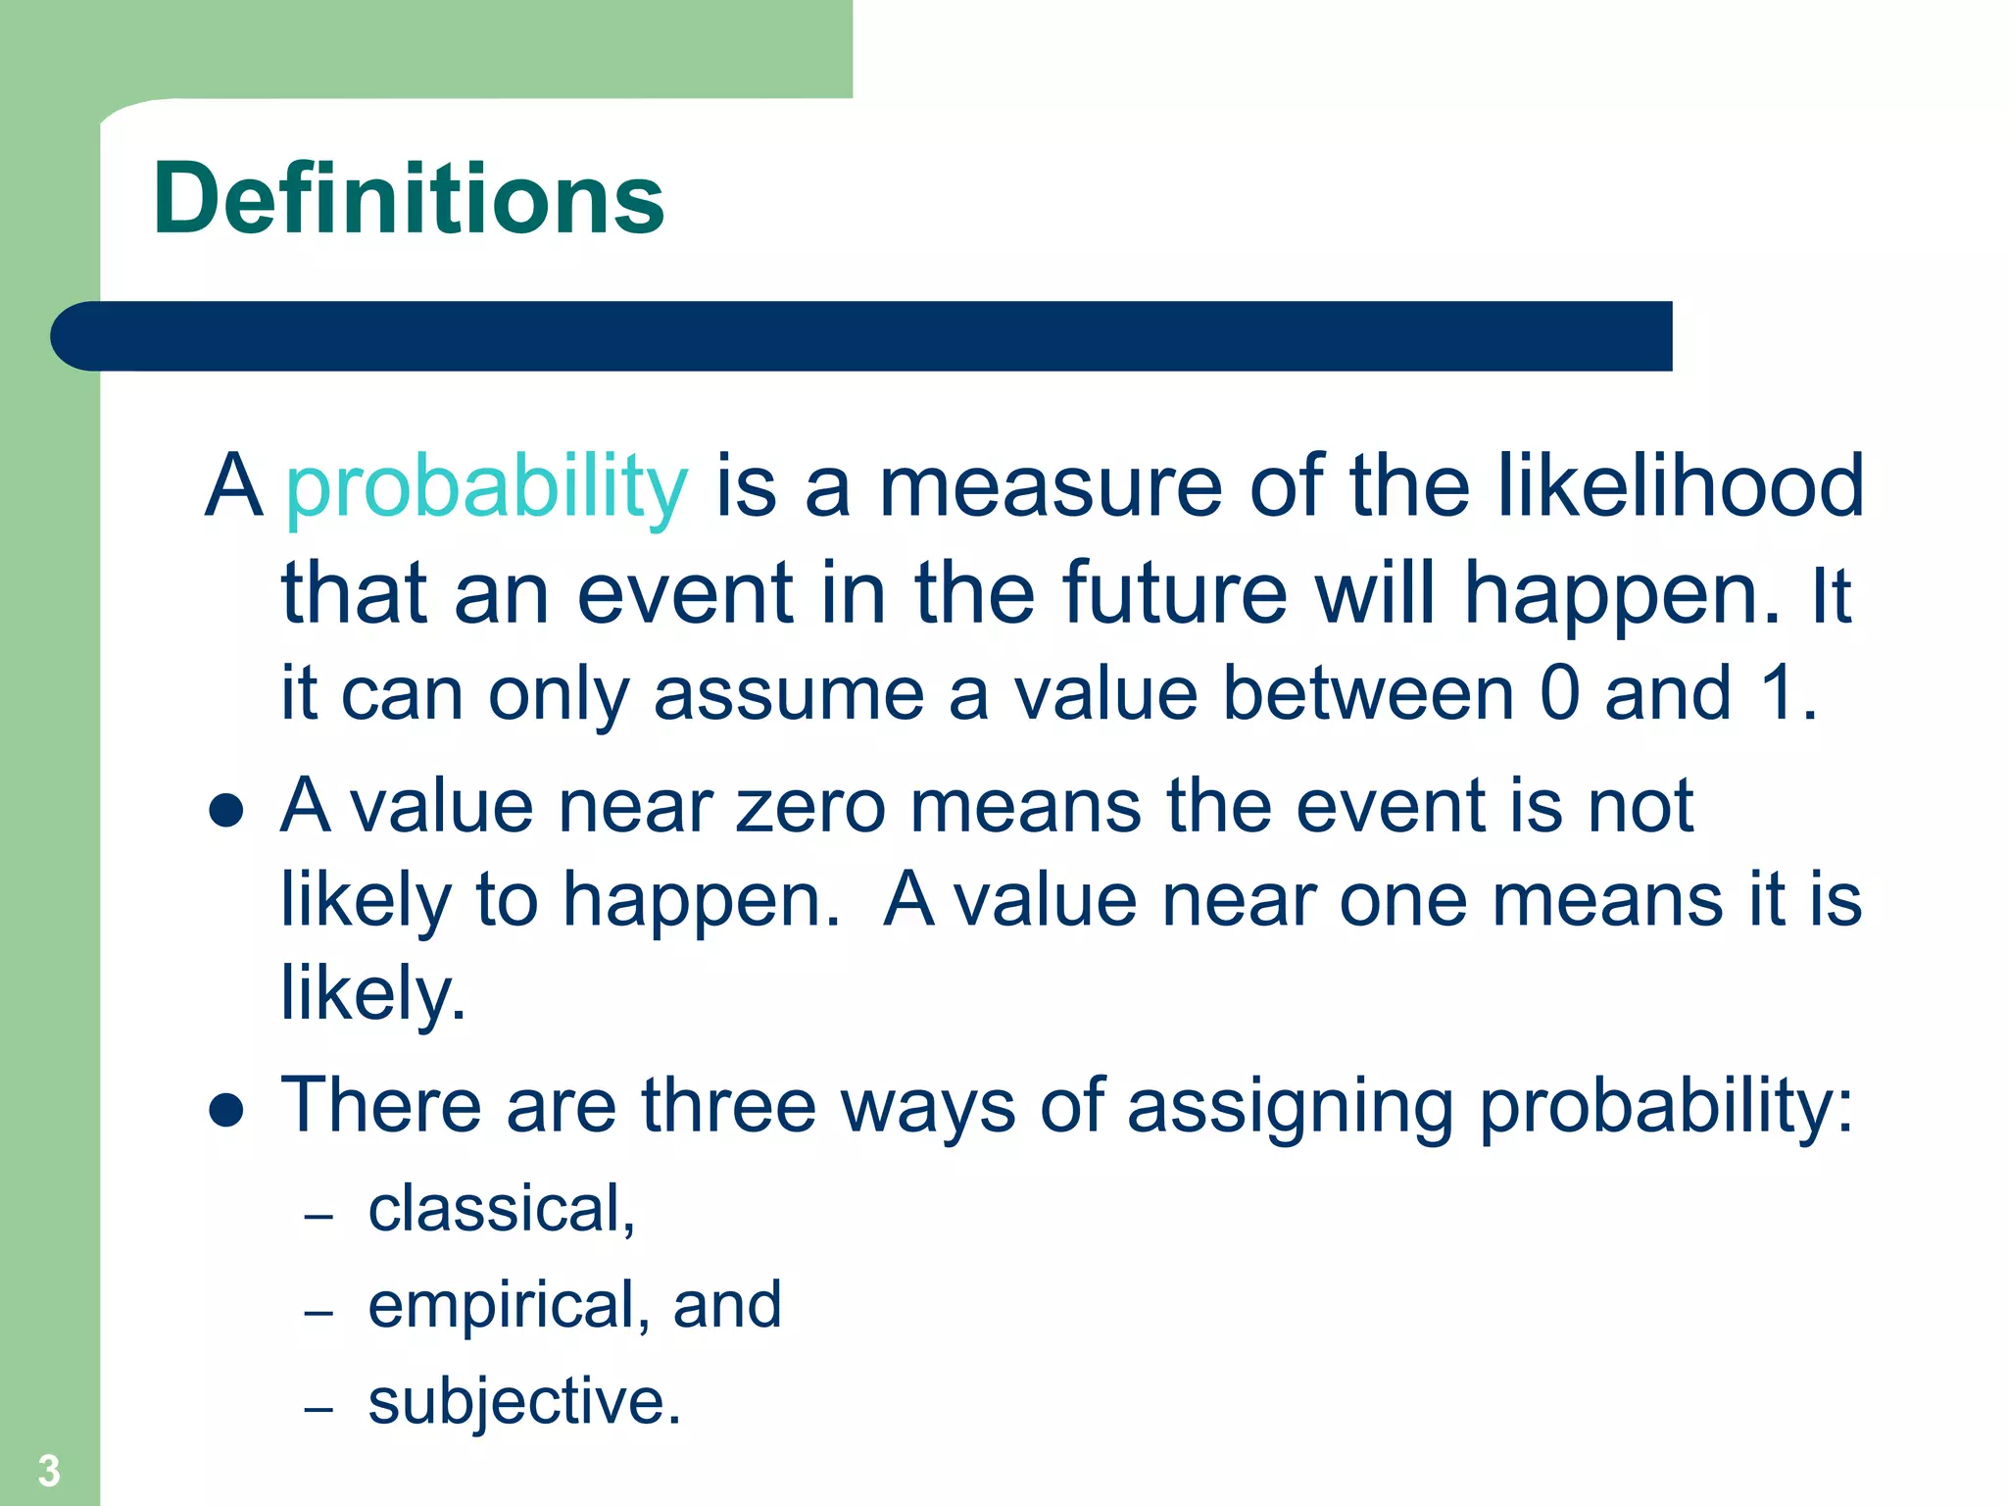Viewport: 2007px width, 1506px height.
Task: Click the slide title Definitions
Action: click(409, 200)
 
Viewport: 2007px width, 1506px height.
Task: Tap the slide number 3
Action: click(49, 1471)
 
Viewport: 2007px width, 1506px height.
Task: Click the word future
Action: click(1174, 593)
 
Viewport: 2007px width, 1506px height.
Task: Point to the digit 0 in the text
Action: click(1560, 694)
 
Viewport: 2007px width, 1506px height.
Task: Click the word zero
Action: click(810, 806)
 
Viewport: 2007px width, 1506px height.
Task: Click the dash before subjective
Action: click(318, 1410)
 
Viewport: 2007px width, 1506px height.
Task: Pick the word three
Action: click(728, 1106)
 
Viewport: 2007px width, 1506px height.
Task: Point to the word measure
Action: click(1051, 487)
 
